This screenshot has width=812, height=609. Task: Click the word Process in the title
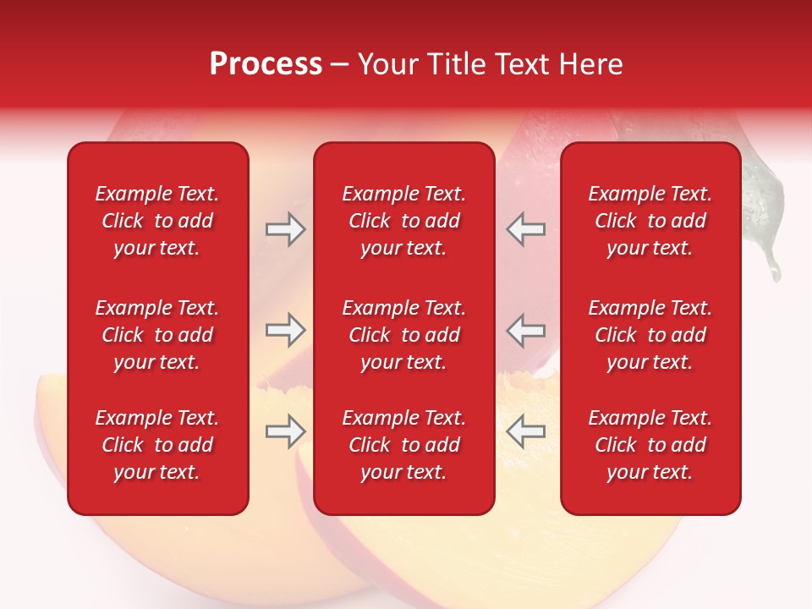click(x=266, y=64)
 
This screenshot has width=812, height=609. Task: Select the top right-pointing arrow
click(x=285, y=229)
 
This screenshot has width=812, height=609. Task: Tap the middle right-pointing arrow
click(x=285, y=330)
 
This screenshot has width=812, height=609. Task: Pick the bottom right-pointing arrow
click(x=285, y=432)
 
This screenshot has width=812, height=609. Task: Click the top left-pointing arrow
click(x=525, y=229)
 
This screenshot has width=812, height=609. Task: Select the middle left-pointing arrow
click(x=525, y=330)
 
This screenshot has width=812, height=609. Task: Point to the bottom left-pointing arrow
click(x=525, y=432)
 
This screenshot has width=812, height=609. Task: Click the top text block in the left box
click(x=157, y=221)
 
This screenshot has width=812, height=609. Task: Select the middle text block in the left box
click(x=157, y=335)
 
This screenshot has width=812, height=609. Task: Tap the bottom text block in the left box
click(x=157, y=445)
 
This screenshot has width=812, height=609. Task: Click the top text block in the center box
click(x=403, y=221)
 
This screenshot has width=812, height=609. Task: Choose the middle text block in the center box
click(x=403, y=335)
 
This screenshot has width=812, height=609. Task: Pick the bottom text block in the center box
click(x=403, y=445)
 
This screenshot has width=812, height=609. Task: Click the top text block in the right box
click(x=650, y=221)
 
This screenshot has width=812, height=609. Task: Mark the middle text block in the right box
click(x=650, y=335)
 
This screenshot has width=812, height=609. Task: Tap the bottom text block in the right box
click(x=650, y=445)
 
